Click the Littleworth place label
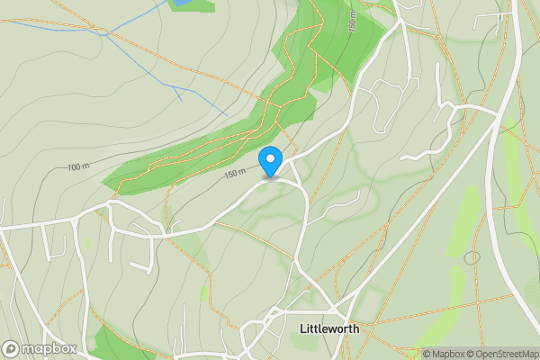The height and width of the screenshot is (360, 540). pos(328,328)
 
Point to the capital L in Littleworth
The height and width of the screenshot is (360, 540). pos(301,328)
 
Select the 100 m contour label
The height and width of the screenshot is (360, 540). pos(79,167)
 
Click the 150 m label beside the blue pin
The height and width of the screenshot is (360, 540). pos(235,174)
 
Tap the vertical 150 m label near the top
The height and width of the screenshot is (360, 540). pos(354,22)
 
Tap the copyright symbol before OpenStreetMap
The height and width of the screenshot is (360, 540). pos(469,354)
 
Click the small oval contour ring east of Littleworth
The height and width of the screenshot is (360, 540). pos(472,258)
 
